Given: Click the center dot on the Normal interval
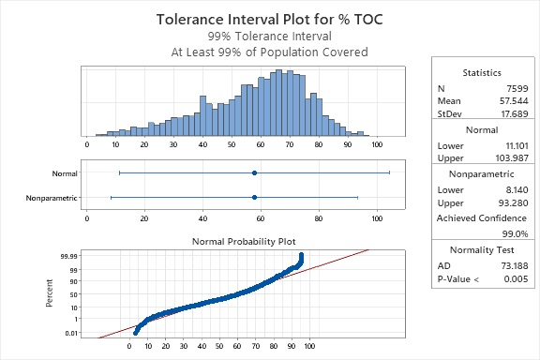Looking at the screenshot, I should tap(254, 173).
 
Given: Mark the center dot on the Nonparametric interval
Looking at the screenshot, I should tap(254, 197).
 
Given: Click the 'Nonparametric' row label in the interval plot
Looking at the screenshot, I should tap(52, 197).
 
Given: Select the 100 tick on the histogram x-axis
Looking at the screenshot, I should tap(376, 144).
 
